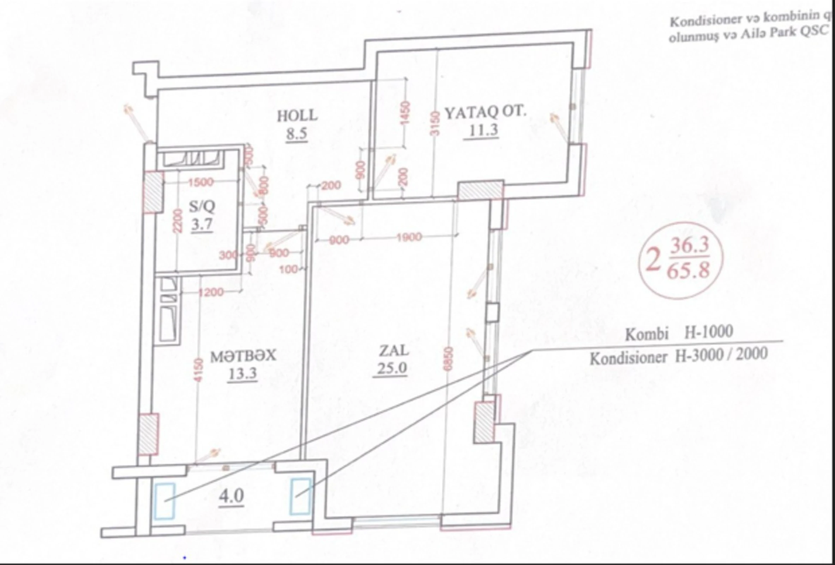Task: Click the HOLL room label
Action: (297, 116)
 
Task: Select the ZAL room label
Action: (394, 350)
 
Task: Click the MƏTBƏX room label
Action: (243, 356)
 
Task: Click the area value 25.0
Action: (390, 368)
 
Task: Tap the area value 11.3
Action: (483, 130)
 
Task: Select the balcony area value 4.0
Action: (232, 496)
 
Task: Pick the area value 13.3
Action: (242, 374)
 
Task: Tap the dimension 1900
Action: (409, 237)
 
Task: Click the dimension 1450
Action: (405, 113)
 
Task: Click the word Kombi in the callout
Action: (647, 334)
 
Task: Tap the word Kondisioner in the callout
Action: (629, 358)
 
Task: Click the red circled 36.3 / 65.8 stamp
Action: (680, 260)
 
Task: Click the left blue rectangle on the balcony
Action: (165, 501)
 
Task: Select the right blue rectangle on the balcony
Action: (300, 496)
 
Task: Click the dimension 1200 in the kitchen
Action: (211, 292)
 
